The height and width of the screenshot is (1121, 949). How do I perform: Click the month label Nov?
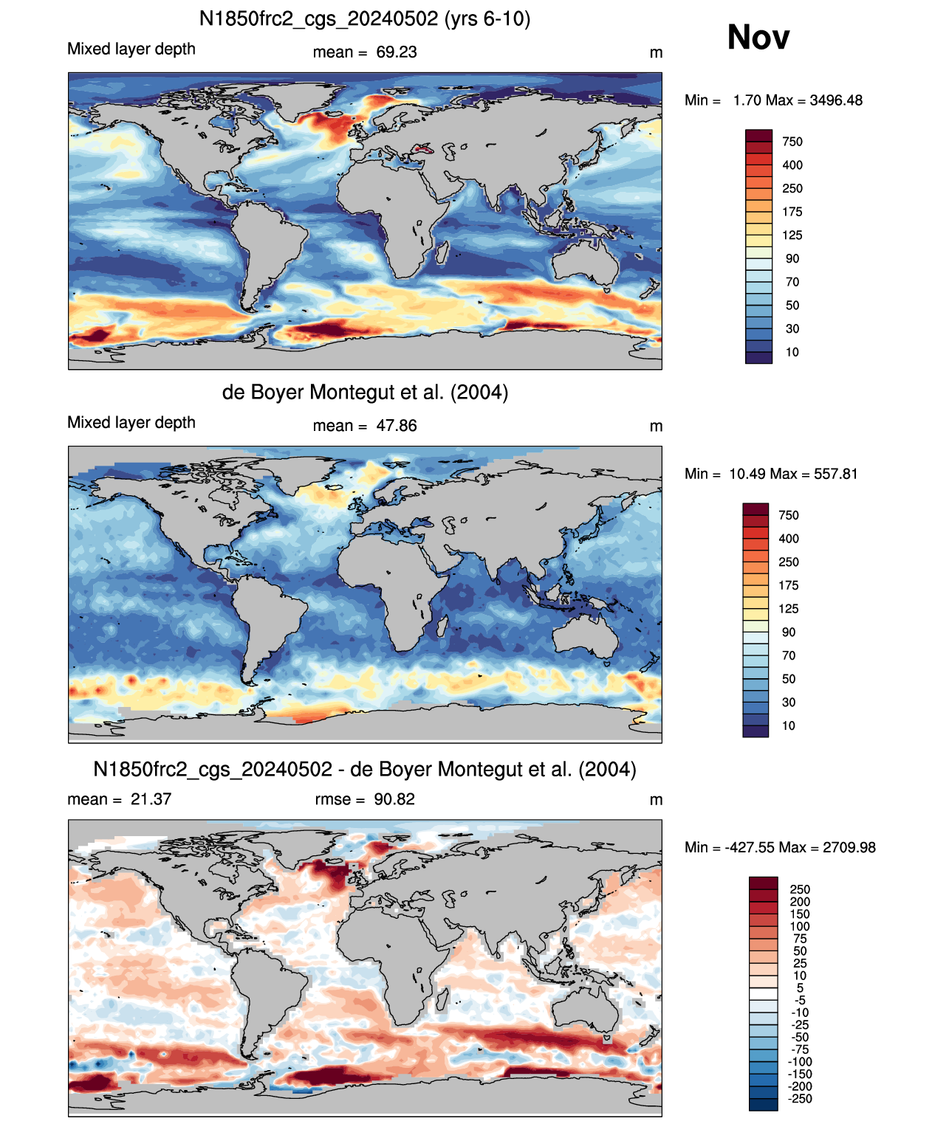[x=758, y=37]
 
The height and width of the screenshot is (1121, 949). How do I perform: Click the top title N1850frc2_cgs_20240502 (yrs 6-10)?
[x=365, y=19]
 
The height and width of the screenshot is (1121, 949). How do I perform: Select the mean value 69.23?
[x=396, y=52]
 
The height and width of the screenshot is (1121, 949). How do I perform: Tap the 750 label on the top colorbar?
[x=792, y=142]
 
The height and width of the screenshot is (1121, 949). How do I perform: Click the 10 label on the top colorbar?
[x=792, y=352]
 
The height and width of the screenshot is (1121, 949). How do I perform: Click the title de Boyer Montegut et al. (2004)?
[x=365, y=392]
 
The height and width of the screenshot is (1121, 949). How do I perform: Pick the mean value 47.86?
[x=396, y=426]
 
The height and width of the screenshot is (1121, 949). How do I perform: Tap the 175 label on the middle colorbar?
[x=789, y=585]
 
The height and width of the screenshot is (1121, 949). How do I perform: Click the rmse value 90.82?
[x=394, y=799]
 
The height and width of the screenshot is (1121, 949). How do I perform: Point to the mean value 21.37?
[x=151, y=799]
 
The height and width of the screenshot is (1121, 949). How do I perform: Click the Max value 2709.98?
[x=849, y=848]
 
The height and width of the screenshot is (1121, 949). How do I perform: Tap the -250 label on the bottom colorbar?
[x=801, y=1099]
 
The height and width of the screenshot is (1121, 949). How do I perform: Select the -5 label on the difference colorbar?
[x=801, y=1000]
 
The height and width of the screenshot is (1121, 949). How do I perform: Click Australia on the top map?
[x=586, y=263]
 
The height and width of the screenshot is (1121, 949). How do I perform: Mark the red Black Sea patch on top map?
[x=422, y=148]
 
